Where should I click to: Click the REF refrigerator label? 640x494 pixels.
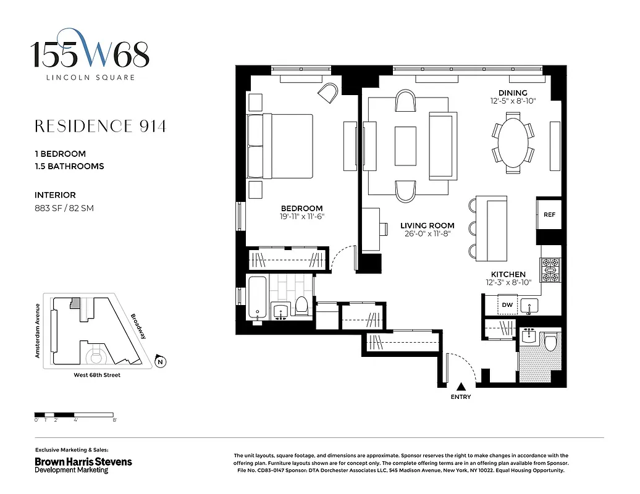[x=549, y=215]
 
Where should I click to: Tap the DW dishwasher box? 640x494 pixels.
[x=507, y=304]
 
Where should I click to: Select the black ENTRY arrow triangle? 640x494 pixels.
[x=460, y=386]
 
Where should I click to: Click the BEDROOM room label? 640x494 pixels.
[x=301, y=208]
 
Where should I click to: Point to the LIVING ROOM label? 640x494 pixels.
[x=426, y=225]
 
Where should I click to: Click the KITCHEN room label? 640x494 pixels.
[x=508, y=274]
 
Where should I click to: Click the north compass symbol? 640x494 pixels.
[x=160, y=362]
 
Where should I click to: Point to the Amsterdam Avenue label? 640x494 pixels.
[x=38, y=330]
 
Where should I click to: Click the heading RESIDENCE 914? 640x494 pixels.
[x=100, y=127]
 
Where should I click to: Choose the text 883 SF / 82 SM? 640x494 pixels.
[x=64, y=209]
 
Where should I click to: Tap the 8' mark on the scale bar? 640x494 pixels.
[x=114, y=420]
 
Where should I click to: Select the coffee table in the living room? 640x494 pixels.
[x=406, y=145]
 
